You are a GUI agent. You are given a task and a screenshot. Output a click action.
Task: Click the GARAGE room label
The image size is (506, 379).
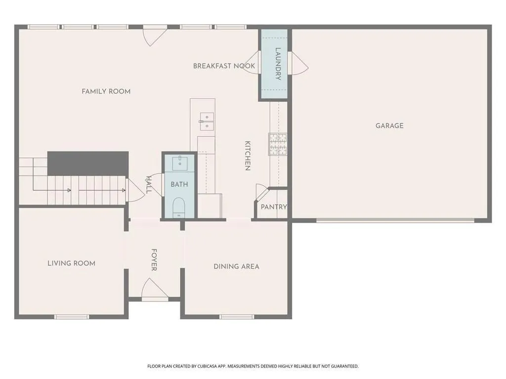tap(389, 126)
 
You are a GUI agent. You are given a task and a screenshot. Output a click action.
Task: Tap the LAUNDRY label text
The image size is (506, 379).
tap(278, 64)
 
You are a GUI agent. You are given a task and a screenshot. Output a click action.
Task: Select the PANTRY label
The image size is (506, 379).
tap(274, 207)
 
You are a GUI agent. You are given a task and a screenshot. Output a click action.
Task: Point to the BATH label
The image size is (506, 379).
tap(179, 185)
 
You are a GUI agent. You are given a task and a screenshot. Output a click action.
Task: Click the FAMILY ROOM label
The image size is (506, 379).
tap(106, 91)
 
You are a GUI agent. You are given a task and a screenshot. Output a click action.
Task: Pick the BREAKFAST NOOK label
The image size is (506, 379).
tap(224, 66)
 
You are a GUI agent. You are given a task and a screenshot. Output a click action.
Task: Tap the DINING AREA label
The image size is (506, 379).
tap(236, 266)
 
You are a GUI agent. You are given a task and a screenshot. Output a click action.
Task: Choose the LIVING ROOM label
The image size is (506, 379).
tap(71, 264)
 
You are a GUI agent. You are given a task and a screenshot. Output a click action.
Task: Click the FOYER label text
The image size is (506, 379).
tap(154, 260)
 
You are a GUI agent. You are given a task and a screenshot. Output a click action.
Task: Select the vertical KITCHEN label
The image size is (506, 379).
tap(248, 155)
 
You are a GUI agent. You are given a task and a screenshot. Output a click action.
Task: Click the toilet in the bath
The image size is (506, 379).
tap(179, 207)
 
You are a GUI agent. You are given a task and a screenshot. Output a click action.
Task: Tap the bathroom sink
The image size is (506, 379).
tap(179, 163)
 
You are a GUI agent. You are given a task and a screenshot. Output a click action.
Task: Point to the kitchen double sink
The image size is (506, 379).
tap(207, 121)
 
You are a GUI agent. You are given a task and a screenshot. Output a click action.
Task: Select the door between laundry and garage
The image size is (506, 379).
tap(298, 63)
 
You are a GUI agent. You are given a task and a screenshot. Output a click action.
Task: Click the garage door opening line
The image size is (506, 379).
tap(395, 221)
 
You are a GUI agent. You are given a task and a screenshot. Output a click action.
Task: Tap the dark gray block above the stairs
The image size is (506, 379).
tap(88, 163)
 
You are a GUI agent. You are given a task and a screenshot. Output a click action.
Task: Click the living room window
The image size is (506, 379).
tap(71, 317)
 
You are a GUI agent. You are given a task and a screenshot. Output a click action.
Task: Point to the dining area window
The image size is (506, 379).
tap(237, 317)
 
